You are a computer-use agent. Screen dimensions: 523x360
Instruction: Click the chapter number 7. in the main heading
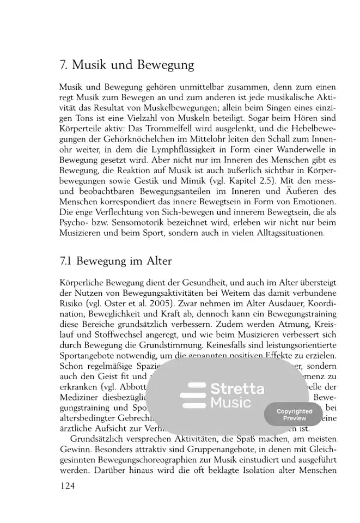[64, 66]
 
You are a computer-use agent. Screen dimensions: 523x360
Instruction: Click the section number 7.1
[66, 261]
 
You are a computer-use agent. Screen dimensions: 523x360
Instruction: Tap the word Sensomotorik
[137, 223]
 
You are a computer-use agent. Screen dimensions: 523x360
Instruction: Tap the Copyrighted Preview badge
[295, 415]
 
